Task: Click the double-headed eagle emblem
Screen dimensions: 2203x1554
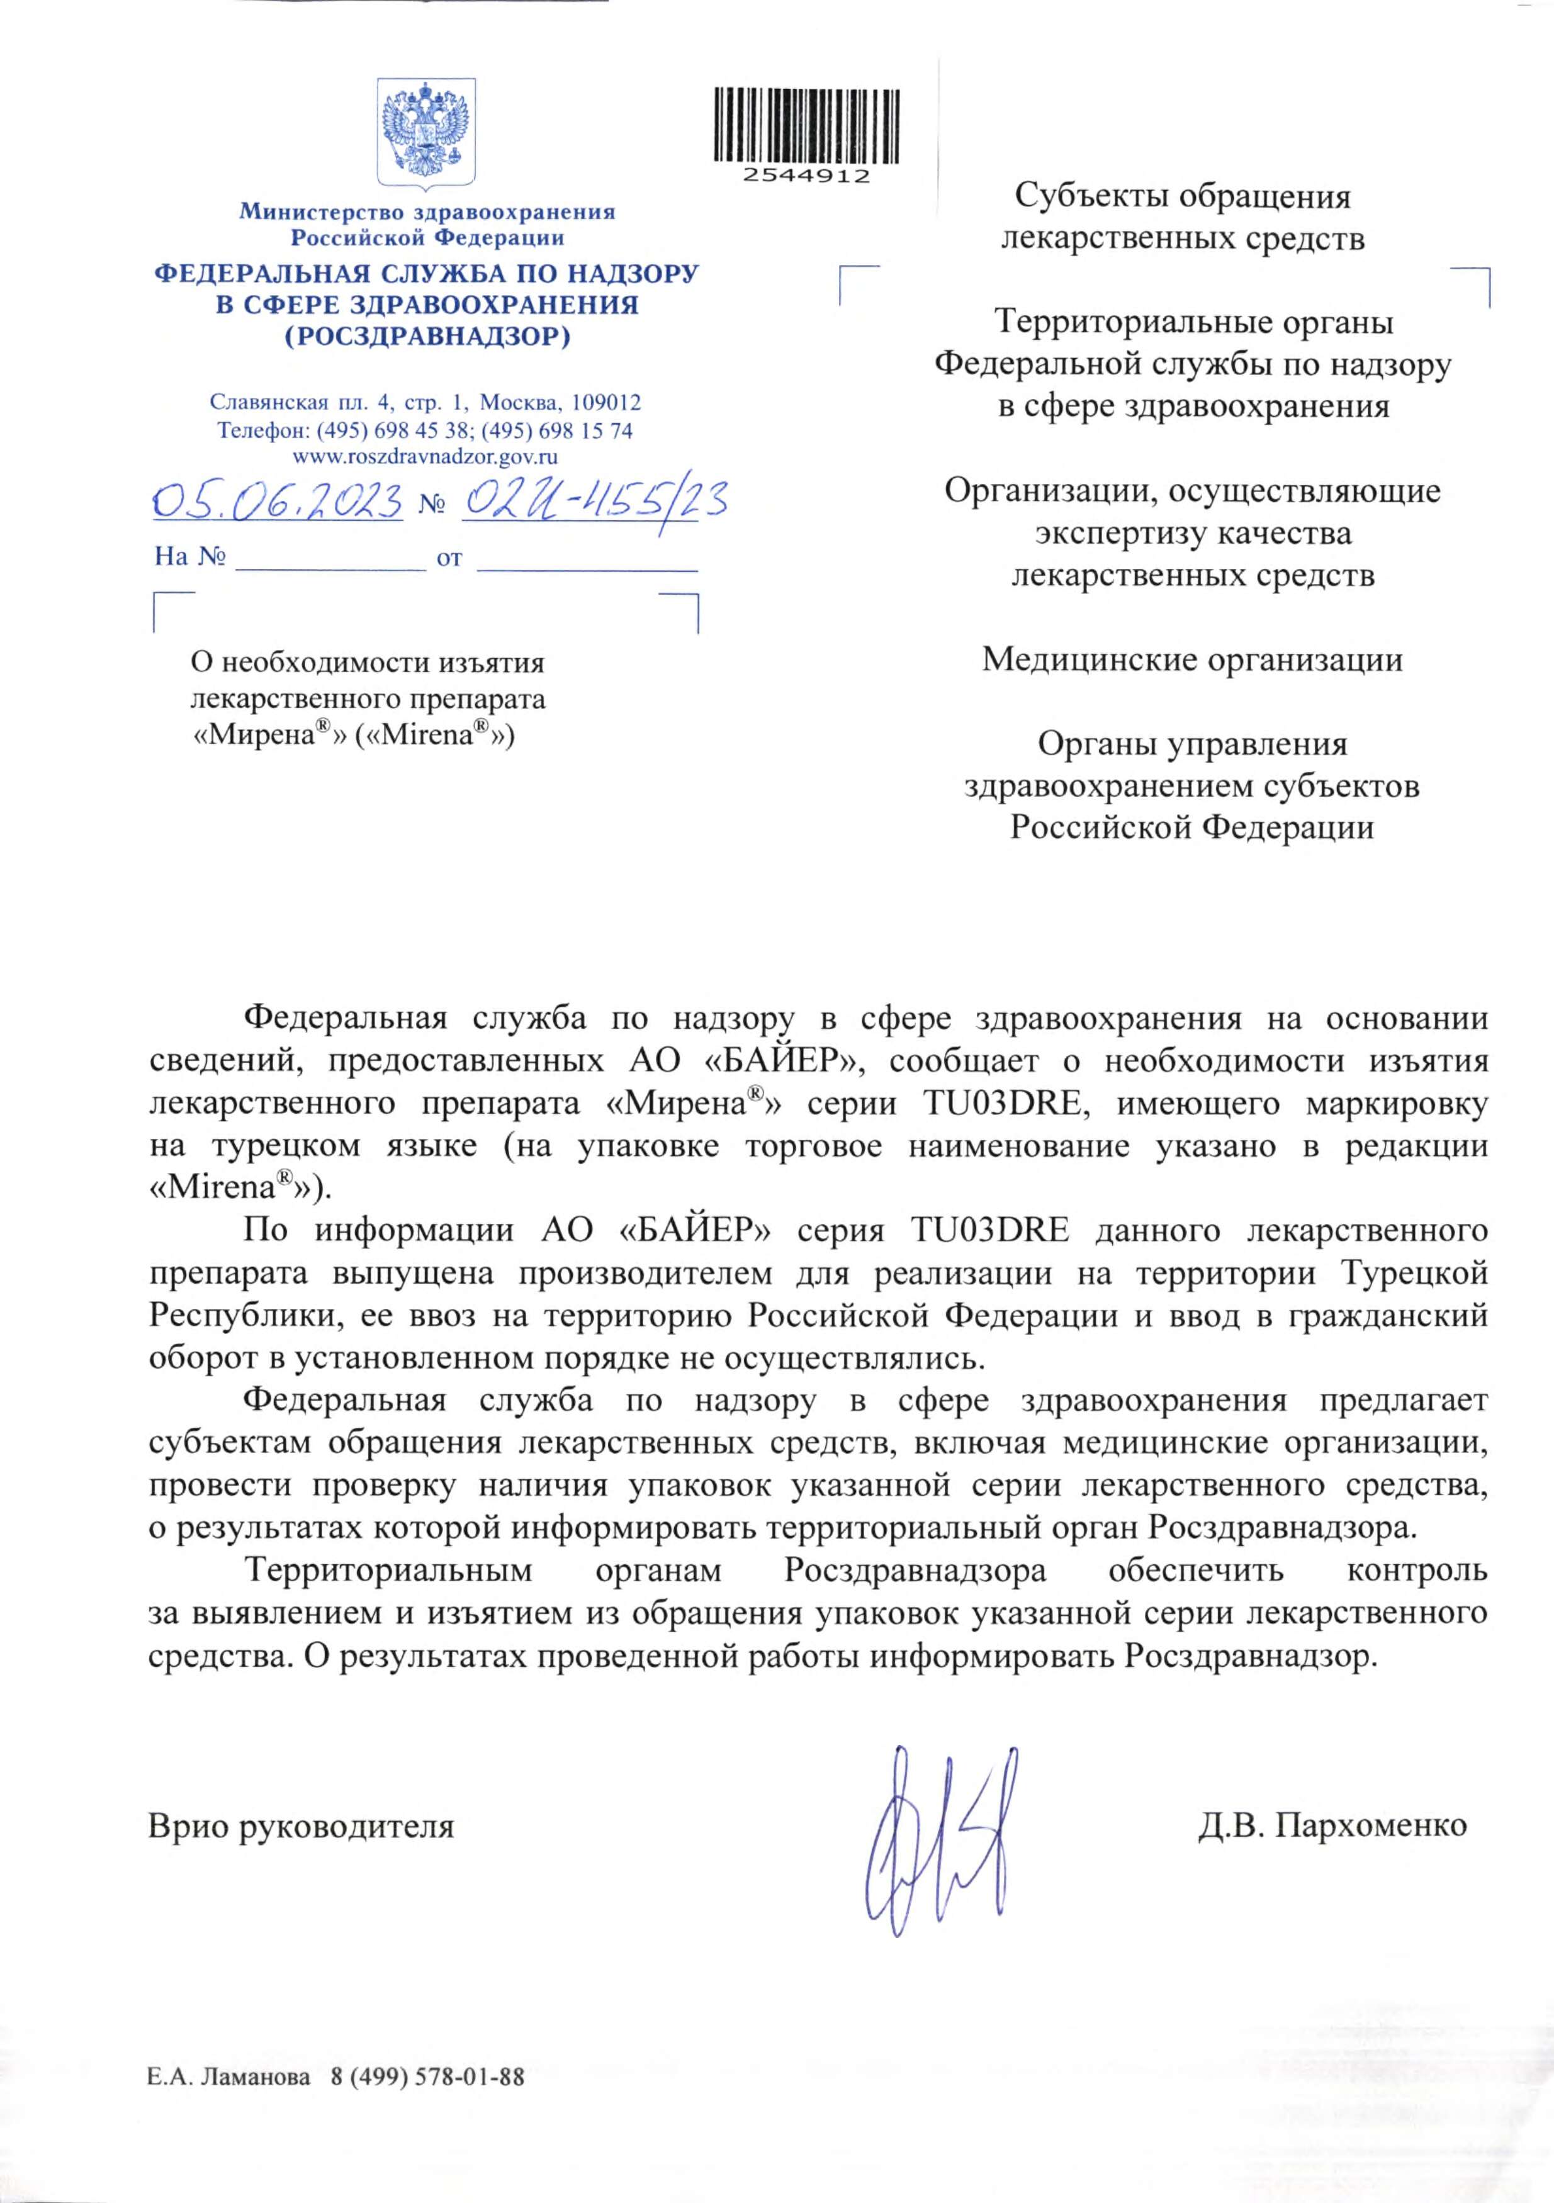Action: [x=426, y=132]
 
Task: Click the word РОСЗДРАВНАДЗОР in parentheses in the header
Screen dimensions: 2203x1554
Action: [x=427, y=337]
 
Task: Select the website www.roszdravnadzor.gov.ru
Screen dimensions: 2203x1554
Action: [x=425, y=457]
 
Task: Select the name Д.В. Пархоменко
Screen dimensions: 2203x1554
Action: [x=1332, y=1825]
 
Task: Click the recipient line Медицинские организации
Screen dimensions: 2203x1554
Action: [x=1192, y=659]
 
